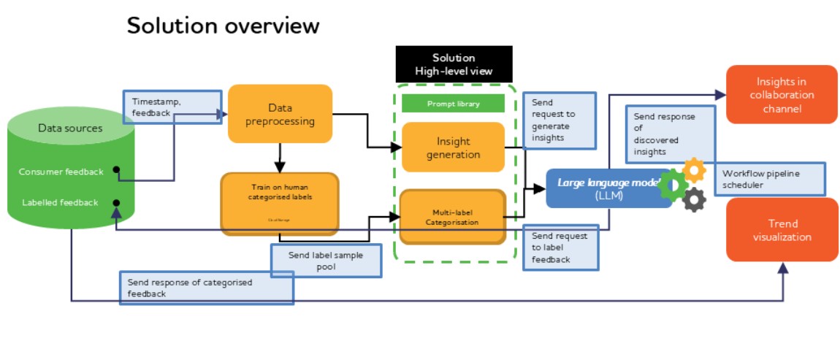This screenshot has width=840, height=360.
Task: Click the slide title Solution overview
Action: tap(223, 26)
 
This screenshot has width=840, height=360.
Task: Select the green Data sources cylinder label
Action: tap(70, 129)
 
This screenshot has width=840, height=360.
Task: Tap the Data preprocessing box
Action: tap(280, 114)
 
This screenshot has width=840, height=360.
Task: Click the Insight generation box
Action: tap(453, 148)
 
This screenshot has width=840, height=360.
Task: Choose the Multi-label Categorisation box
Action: tap(453, 217)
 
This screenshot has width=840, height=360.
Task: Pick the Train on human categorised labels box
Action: tap(279, 203)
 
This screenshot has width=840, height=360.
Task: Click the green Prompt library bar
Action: tap(453, 104)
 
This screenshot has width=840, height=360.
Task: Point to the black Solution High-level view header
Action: tap(453, 64)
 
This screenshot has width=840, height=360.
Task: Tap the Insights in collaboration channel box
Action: tap(781, 94)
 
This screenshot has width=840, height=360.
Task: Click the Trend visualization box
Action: tap(782, 230)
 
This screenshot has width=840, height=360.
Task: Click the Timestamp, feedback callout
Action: tap(171, 107)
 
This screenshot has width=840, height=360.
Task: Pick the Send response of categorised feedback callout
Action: tap(206, 288)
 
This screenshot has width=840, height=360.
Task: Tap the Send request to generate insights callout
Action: tap(560, 120)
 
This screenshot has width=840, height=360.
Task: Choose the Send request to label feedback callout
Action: tap(560, 248)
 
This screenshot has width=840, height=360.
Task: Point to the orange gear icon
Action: tap(693, 170)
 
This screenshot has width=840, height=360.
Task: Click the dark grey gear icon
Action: tap(695, 199)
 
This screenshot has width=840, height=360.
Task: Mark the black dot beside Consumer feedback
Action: tap(116, 171)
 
